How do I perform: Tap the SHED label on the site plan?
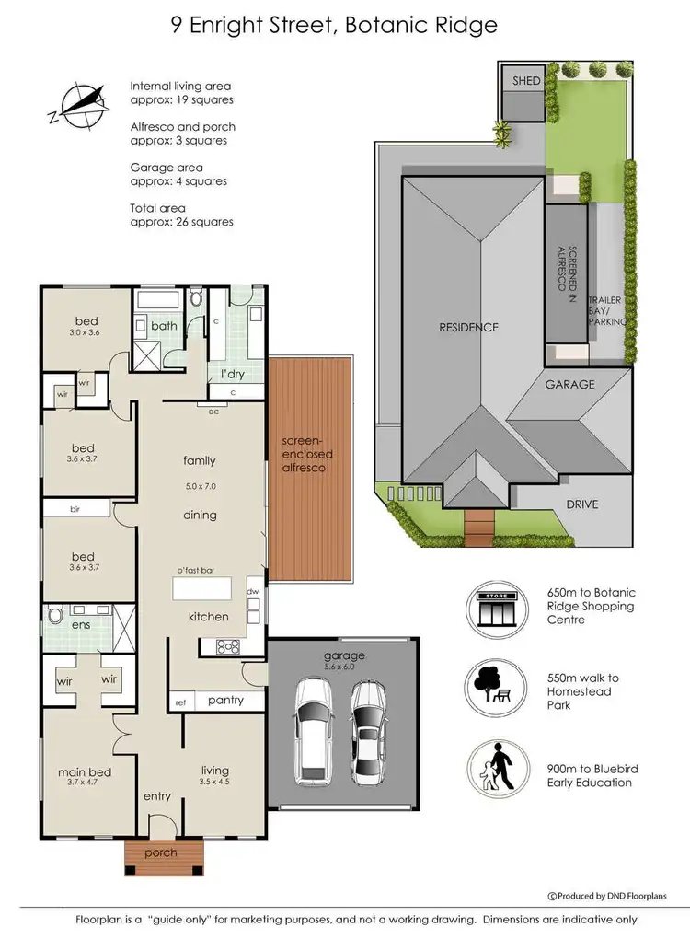point(526,81)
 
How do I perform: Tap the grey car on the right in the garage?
point(372,731)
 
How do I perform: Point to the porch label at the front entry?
point(162,853)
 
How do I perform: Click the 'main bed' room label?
point(78,771)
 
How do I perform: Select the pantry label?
point(224,701)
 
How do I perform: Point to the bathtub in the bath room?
point(159,301)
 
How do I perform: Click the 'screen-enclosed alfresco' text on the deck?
point(308,448)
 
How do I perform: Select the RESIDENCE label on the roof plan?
point(468,327)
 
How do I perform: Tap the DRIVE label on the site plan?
point(581,504)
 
